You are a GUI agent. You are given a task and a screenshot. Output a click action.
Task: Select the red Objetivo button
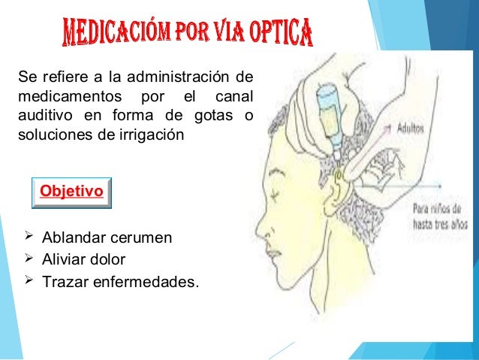tap(71, 192)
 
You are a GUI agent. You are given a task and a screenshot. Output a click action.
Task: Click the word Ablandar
tap(69, 238)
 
